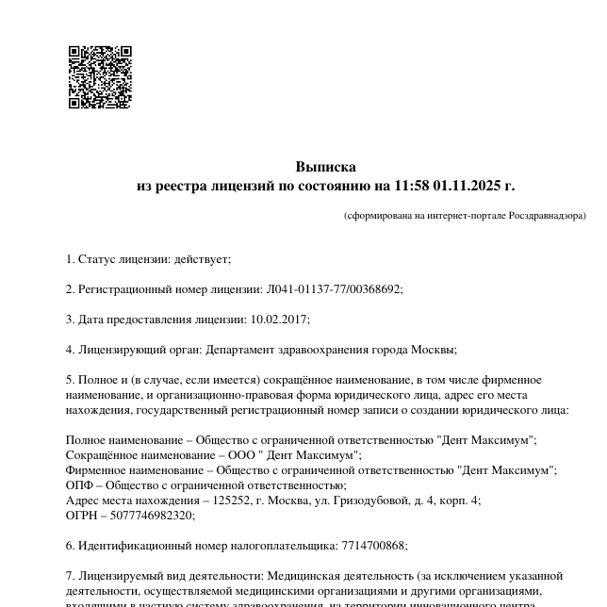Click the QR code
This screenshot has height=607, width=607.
coord(100,77)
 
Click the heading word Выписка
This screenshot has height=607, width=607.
coord(326,167)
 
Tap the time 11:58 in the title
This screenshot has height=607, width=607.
coord(412,186)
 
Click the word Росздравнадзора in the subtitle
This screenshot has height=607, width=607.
coord(547,216)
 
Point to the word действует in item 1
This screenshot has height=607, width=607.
coord(205,259)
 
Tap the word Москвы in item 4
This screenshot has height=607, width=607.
coord(433,350)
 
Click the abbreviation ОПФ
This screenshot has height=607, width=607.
coord(79,485)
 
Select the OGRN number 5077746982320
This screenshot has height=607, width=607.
coord(153,516)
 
